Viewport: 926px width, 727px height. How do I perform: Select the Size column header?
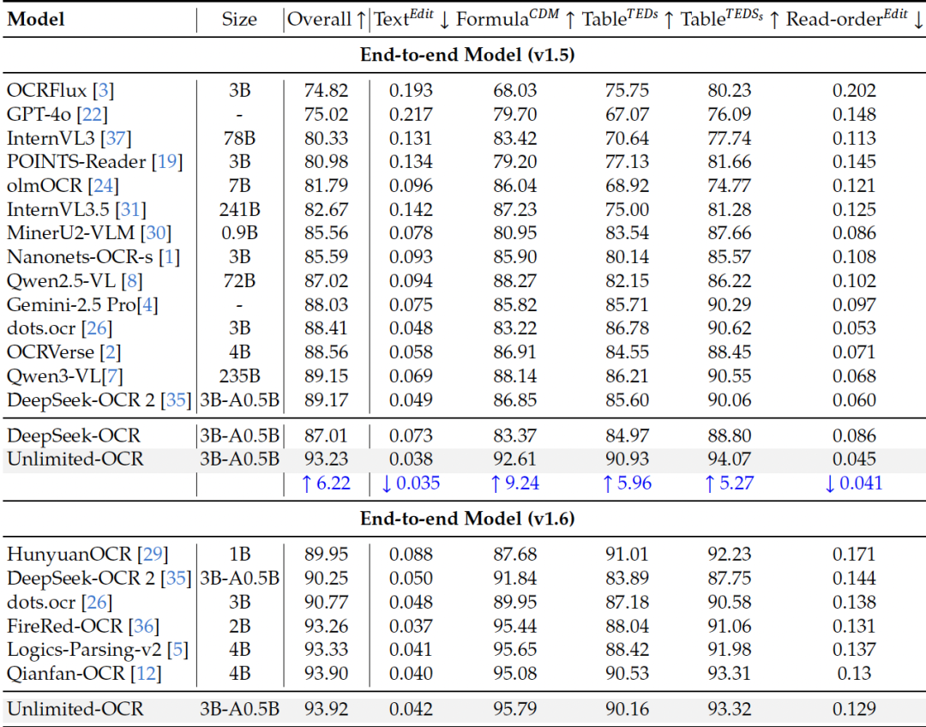[x=239, y=20]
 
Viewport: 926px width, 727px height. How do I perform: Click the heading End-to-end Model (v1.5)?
[x=467, y=55]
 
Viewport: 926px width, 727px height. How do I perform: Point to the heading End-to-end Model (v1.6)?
[x=467, y=519]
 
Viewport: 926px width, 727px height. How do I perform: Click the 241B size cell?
[x=239, y=210]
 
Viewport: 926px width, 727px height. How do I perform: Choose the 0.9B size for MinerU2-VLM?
[x=239, y=232]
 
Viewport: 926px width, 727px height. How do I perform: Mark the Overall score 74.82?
[x=326, y=90]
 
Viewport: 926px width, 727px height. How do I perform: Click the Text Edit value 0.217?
[x=411, y=114]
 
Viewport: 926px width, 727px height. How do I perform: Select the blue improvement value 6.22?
[x=326, y=483]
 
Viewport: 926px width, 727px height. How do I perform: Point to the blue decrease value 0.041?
[x=853, y=483]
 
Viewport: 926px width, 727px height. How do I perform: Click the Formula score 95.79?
[x=515, y=709]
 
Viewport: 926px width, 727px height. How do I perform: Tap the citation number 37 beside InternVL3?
[x=116, y=138]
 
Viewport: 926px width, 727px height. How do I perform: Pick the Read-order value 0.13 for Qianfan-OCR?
[x=854, y=673]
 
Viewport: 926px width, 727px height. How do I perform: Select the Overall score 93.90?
[x=326, y=673]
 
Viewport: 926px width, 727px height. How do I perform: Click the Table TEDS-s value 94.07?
[x=730, y=459]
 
